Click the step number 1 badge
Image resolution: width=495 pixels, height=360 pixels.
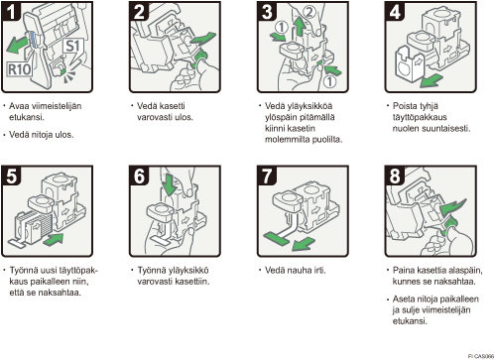[12, 11]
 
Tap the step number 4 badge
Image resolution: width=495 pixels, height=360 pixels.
[395, 11]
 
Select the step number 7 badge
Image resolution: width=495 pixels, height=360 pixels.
[267, 176]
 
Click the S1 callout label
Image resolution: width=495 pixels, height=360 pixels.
[72, 46]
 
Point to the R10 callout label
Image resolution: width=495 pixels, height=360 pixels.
[20, 69]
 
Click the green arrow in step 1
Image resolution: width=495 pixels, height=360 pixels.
[18, 45]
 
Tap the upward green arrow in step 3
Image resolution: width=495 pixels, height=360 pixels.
[300, 27]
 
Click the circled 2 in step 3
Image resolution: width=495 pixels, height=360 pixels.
[309, 12]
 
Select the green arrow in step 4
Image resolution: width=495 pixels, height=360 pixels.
[432, 80]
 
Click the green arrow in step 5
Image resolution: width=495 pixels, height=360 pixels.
[54, 239]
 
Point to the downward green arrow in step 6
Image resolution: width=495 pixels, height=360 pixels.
[170, 184]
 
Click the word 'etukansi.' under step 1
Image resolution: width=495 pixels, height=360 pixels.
[27, 117]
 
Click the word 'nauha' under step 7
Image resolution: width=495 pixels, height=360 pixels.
[298, 271]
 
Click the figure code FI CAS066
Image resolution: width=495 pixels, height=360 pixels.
[481, 356]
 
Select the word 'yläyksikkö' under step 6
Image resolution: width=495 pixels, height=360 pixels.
[188, 271]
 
